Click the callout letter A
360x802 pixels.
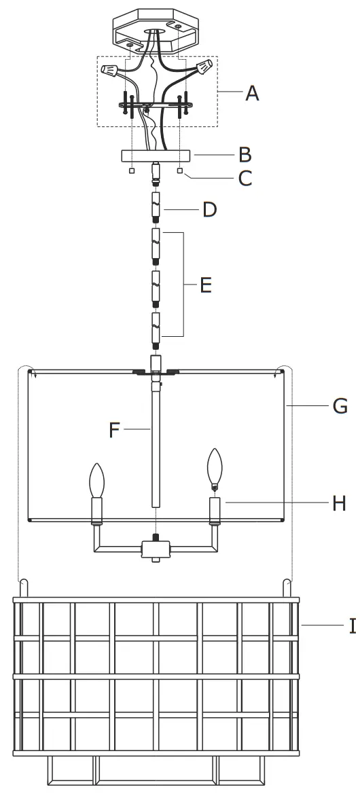click(x=252, y=93)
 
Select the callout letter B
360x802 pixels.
click(x=245, y=155)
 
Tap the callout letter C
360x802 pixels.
click(x=245, y=179)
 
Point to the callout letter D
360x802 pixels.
click(x=209, y=210)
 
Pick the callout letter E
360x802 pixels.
click(x=206, y=285)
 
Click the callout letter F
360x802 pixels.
click(x=115, y=430)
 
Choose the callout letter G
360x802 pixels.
click(x=340, y=406)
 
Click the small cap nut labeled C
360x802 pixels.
click(x=180, y=171)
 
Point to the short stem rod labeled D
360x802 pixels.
click(x=156, y=207)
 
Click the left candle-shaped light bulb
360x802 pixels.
click(x=96, y=481)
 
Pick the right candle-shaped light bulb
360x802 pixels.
click(x=215, y=468)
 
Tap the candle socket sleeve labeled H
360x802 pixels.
click(x=215, y=509)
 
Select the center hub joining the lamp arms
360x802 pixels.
click(x=156, y=549)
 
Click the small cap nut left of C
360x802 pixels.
click(x=132, y=171)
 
